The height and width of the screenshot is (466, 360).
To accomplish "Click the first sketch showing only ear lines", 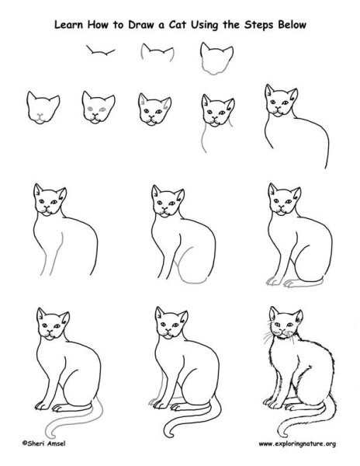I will (x=99, y=54).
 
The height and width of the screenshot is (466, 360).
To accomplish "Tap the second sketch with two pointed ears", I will (x=155, y=54).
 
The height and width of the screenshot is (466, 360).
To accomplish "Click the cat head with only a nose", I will (x=40, y=106).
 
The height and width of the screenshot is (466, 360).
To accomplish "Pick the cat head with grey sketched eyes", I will (x=95, y=106).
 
